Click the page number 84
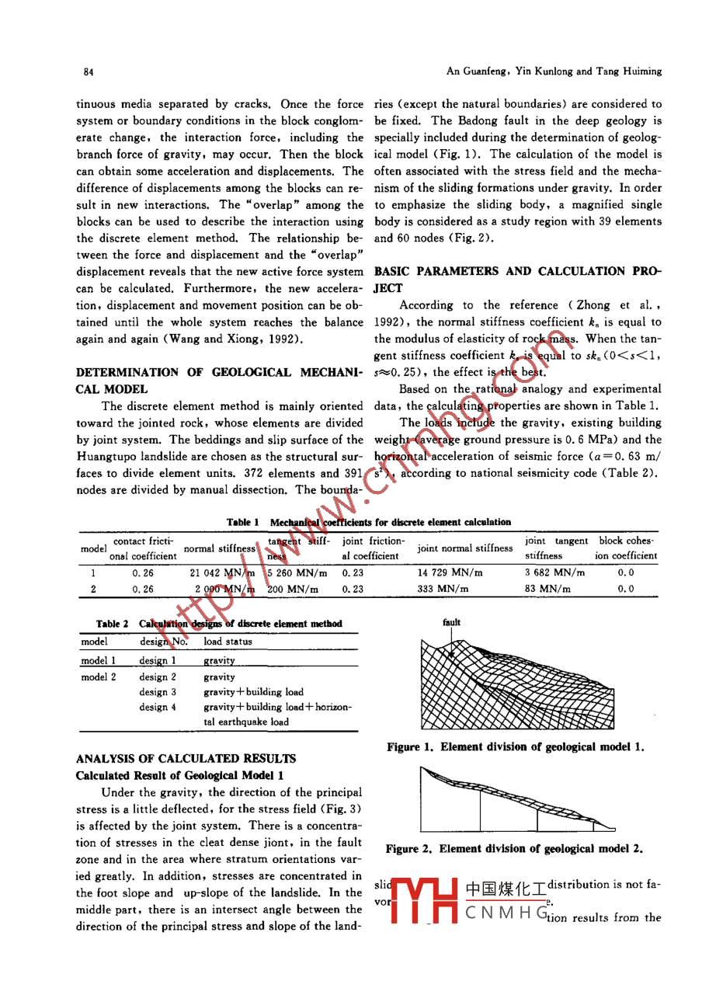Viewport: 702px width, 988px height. point(89,71)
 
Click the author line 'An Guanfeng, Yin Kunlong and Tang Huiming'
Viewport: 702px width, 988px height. point(554,71)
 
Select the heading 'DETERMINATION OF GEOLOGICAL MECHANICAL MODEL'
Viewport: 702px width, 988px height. point(219,381)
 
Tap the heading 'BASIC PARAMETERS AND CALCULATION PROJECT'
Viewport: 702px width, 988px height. point(518,279)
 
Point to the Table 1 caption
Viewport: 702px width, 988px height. point(368,522)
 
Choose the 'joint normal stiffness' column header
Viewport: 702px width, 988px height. point(465,548)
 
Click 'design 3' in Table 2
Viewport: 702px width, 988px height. point(158,692)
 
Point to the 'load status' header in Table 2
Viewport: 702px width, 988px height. point(228,642)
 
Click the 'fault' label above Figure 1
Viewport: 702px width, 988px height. point(451,622)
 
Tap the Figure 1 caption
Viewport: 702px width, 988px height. point(516,747)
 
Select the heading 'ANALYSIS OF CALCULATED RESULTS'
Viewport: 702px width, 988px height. point(185,759)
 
